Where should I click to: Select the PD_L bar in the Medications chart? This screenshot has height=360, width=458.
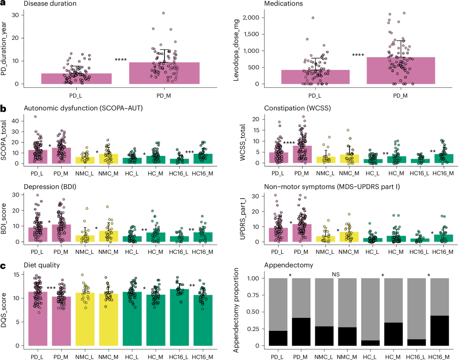[315, 77]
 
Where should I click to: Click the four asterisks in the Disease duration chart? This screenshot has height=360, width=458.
[121, 60]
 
